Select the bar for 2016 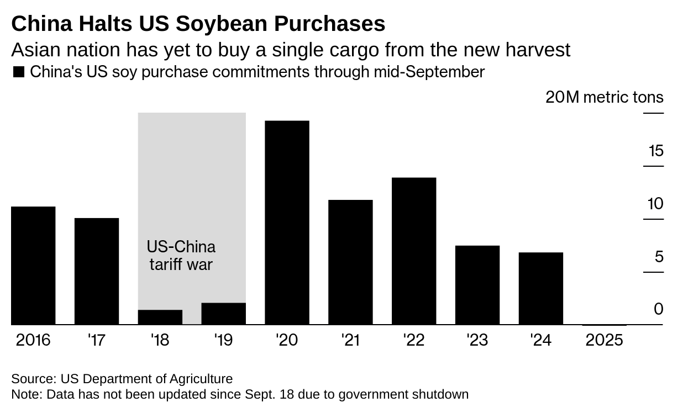coord(33,266)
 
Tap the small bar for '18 coord(160,317)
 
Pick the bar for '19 coord(223,314)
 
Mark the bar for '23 coord(477,285)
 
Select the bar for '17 coord(97,271)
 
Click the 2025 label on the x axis coord(604,340)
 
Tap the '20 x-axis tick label coord(287,340)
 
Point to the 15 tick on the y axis coord(656,151)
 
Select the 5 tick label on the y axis coord(658,257)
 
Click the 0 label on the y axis coord(658,309)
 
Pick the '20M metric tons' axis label coord(604,98)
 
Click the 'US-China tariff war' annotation coord(181,255)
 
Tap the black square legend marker coord(19,72)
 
